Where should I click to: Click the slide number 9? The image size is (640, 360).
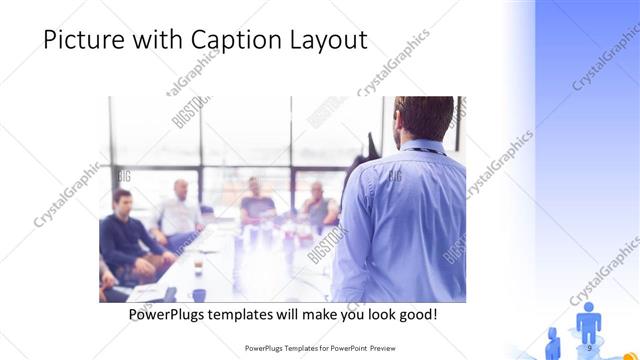(x=589, y=347)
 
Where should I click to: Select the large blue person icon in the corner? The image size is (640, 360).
(x=589, y=322)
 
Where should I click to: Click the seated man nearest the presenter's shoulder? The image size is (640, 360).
(x=318, y=206)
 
